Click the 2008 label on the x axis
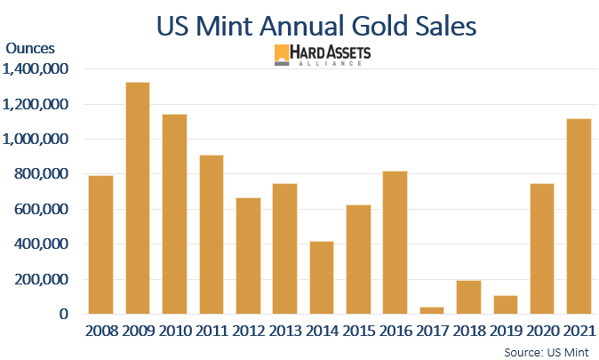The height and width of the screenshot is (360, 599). click(x=100, y=332)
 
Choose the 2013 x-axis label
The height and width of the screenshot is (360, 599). click(x=284, y=332)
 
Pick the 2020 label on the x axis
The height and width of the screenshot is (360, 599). click(x=542, y=332)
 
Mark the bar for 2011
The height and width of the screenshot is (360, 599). click(x=211, y=235)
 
